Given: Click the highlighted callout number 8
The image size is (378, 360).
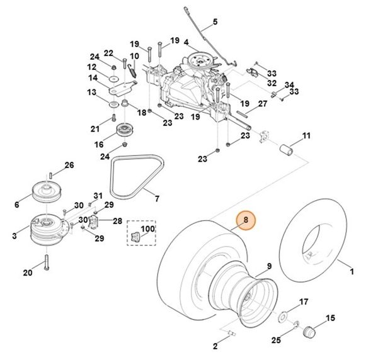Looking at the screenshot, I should click(246, 221).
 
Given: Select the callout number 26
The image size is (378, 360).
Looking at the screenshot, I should click(69, 165).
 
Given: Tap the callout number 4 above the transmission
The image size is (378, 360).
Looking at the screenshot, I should click(186, 43).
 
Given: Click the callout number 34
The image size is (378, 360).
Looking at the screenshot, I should click(289, 85).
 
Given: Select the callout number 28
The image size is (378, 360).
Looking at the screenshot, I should click(117, 220).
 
